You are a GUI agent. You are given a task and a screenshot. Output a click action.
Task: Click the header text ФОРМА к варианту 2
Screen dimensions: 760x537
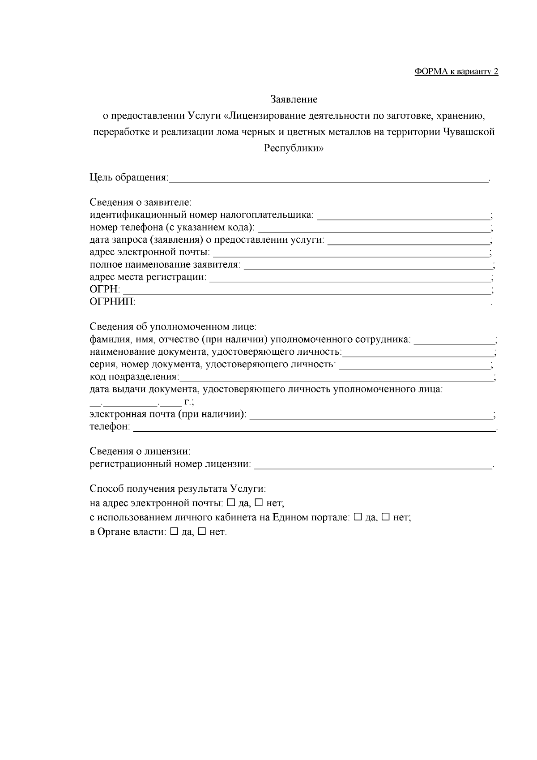pyautogui.click(x=456, y=72)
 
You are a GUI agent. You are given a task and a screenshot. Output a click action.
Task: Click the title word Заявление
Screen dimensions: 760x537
pyautogui.click(x=294, y=99)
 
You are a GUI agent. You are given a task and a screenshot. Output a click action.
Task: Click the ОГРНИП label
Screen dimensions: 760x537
pyautogui.click(x=112, y=302)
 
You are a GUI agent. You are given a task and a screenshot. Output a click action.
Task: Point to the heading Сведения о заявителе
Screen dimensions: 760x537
pyautogui.click(x=141, y=202)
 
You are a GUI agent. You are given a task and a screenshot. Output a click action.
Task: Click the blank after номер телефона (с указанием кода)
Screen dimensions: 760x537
pyautogui.click(x=374, y=228)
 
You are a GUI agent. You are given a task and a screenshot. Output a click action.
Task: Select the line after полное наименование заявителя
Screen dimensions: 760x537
pyautogui.click(x=367, y=266)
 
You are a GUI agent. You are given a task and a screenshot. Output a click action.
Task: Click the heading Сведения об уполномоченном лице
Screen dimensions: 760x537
pyautogui.click(x=173, y=327)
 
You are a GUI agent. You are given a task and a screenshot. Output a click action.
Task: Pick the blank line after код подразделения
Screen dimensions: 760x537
pyautogui.click(x=336, y=378)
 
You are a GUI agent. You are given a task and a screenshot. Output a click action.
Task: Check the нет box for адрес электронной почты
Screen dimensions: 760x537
pyautogui.click(x=259, y=502)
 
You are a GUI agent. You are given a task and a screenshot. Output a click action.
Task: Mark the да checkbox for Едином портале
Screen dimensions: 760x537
pyautogui.click(x=358, y=517)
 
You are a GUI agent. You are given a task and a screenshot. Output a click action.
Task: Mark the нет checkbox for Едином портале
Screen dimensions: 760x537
pyautogui.click(x=385, y=517)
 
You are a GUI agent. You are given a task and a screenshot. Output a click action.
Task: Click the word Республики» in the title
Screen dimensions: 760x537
pyautogui.click(x=294, y=149)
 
